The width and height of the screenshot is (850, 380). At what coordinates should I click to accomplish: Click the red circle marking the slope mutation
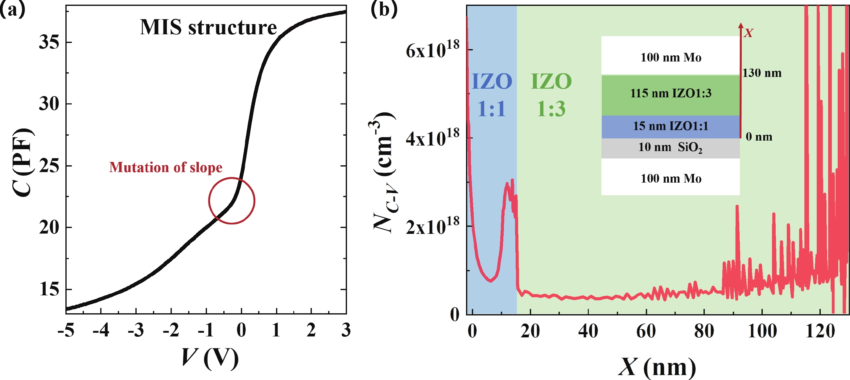pos(232,201)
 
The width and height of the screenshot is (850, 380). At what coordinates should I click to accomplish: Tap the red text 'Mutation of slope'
pos(166,167)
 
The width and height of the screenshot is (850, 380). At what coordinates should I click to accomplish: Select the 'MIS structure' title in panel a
pos(208,27)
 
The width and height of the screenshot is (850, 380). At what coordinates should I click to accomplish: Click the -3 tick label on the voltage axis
pos(136,330)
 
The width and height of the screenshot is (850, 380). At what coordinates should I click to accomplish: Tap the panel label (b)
pos(384,9)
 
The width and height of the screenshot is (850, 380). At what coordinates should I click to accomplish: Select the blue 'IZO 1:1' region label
pos(492,95)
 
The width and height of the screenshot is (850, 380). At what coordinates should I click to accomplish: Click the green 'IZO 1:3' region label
pos(551,95)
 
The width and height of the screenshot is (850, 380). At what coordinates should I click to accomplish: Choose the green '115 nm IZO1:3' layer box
pos(671,94)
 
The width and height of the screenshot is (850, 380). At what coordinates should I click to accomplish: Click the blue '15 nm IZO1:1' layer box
pos(671,126)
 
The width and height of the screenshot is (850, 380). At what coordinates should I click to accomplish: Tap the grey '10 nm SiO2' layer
pos(671,148)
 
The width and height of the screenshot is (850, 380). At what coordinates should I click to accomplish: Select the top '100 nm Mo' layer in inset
pos(671,57)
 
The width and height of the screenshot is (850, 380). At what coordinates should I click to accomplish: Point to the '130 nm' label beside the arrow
pos(762,73)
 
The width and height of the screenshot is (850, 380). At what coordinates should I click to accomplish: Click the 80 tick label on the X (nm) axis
pos(704,331)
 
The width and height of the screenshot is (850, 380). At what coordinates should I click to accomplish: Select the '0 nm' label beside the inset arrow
pos(759,137)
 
